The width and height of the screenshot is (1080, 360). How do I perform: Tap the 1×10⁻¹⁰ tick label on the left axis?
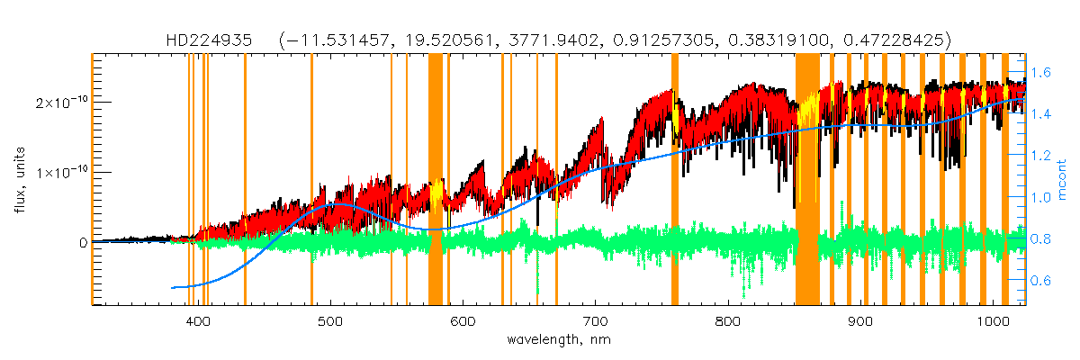[60, 172]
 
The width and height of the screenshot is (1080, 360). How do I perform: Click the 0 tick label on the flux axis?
[83, 242]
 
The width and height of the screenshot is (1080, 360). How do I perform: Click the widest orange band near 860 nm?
[807, 180]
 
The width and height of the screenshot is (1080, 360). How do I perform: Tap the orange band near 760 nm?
[675, 180]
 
